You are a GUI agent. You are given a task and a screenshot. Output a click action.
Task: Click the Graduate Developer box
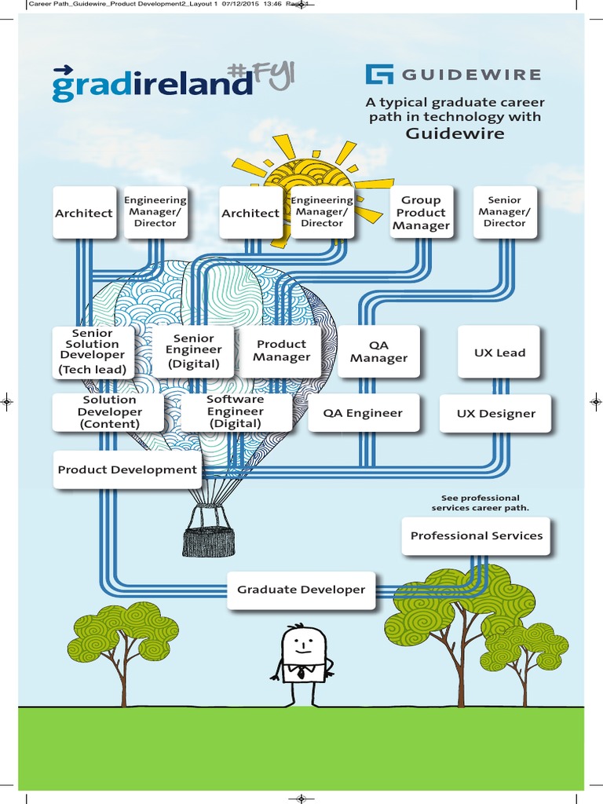[301, 590]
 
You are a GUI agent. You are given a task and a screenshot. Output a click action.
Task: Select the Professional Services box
[476, 535]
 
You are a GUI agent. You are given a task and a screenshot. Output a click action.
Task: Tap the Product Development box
[127, 470]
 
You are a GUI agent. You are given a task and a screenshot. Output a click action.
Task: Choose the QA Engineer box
[363, 413]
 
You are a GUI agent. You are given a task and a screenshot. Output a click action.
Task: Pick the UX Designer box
[496, 414]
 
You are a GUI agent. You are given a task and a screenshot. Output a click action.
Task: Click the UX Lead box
[499, 353]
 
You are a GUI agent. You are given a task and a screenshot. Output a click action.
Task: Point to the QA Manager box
[378, 352]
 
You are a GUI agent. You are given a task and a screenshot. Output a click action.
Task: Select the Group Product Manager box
[421, 213]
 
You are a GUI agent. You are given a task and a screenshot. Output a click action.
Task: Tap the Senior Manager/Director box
[504, 212]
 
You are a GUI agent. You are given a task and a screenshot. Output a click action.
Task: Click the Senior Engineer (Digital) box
[193, 351]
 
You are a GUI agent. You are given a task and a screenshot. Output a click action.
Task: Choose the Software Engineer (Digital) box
[236, 411]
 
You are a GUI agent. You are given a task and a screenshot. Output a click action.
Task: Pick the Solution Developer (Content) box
[109, 412]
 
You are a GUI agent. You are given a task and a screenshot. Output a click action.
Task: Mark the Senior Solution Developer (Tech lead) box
[93, 351]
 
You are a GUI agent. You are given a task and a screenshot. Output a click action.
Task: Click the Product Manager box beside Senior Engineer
[281, 350]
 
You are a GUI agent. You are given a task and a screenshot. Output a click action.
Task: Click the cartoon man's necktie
[301, 673]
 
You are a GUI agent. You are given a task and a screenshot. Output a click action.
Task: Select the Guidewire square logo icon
[379, 75]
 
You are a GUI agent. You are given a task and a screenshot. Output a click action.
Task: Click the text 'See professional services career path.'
[480, 502]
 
